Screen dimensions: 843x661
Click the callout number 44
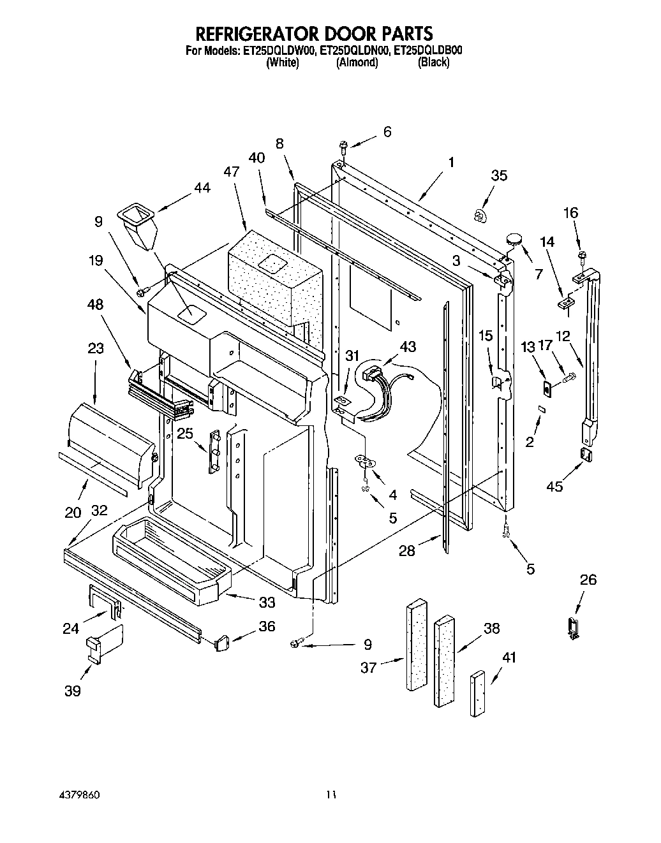coord(202,187)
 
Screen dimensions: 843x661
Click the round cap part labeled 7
coord(513,239)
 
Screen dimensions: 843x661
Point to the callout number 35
coord(499,175)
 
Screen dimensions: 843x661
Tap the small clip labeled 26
coord(572,627)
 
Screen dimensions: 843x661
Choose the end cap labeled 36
coord(221,642)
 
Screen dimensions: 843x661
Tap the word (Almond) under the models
coord(357,62)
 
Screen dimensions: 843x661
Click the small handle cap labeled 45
coord(586,453)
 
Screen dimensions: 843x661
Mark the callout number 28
coord(407,550)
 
